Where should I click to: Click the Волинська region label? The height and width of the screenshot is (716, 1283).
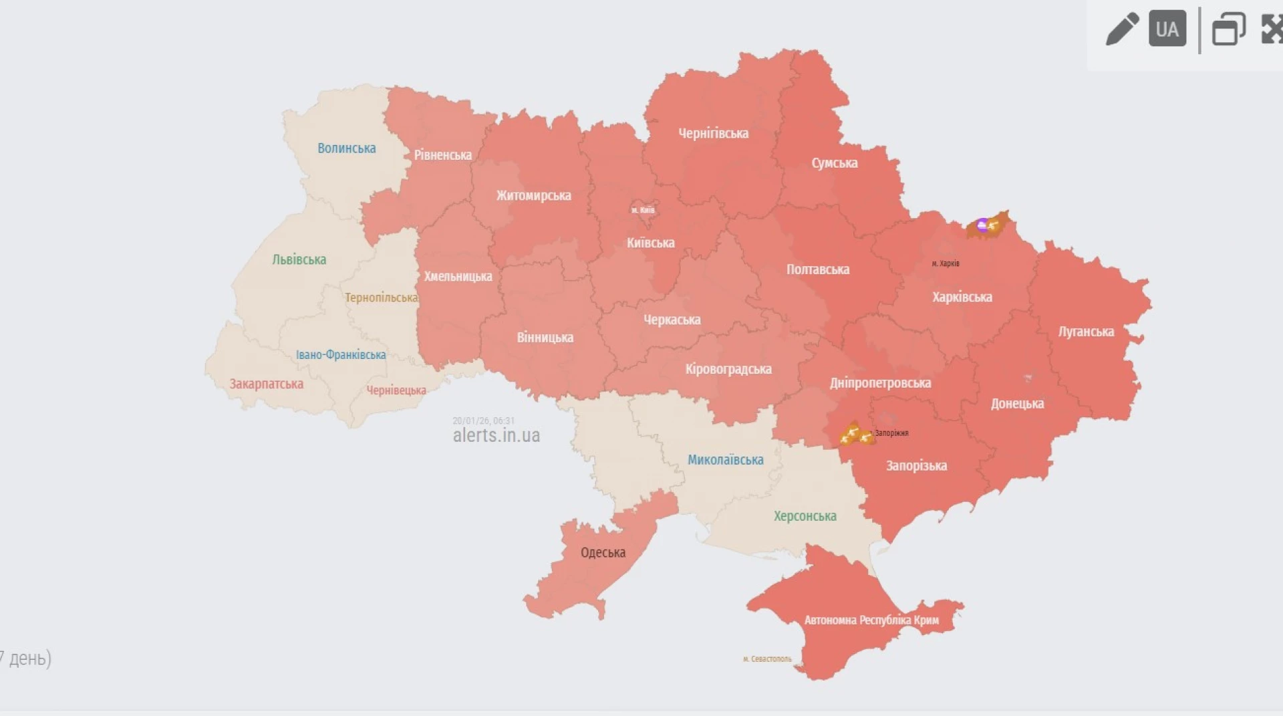click(346, 148)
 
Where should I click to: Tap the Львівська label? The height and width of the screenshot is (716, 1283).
click(299, 260)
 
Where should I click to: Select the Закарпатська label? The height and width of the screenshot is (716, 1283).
click(266, 384)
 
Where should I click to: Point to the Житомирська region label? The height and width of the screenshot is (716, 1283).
click(533, 196)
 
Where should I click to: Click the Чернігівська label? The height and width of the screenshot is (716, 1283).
click(713, 134)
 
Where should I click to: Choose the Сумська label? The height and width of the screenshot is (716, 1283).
click(834, 163)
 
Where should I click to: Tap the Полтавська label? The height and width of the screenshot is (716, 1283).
click(817, 270)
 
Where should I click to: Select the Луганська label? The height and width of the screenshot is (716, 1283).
click(1085, 332)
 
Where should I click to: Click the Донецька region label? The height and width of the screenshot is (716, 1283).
click(1016, 404)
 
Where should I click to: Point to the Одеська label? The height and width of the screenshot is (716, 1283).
click(603, 553)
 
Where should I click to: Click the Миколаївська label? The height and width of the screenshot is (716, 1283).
click(725, 460)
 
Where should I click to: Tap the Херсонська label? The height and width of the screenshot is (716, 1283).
click(805, 516)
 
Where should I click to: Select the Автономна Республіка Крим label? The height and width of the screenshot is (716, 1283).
click(871, 620)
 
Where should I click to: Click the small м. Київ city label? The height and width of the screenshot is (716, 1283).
click(643, 211)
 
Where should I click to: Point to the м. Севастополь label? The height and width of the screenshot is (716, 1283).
click(766, 659)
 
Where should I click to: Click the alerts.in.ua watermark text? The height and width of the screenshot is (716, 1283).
click(496, 436)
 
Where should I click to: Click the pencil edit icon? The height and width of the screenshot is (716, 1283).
click(1122, 29)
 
